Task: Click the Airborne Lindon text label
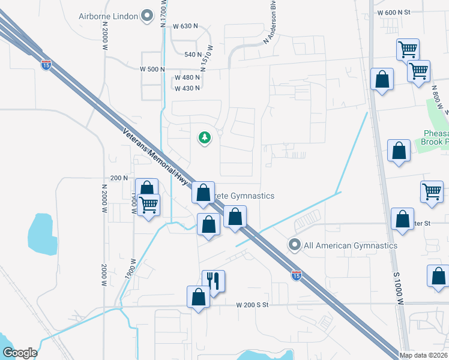(x=109, y=16)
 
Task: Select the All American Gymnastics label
(x=351, y=245)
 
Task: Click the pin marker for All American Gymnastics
(x=294, y=245)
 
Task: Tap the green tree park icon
(x=205, y=138)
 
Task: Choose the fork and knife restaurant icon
(x=213, y=280)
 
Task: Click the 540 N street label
(x=193, y=55)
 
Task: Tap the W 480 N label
(x=187, y=78)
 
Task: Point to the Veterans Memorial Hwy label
(x=155, y=157)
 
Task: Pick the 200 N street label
(x=119, y=178)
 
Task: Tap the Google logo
(x=19, y=353)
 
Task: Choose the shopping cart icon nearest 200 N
(x=148, y=205)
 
